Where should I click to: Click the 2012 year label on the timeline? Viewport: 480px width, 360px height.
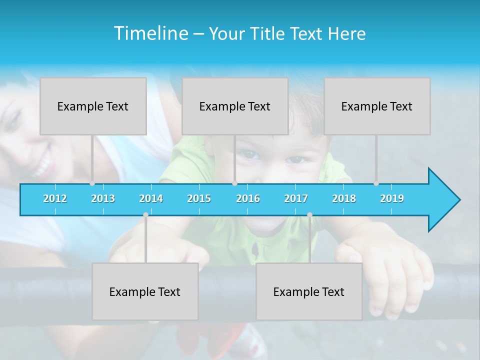55,198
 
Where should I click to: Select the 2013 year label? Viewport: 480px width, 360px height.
103,198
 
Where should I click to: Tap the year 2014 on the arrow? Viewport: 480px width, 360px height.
151,198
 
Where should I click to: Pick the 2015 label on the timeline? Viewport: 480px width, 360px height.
199,198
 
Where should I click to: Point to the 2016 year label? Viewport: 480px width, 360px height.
248,198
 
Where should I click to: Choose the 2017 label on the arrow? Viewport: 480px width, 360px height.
296,198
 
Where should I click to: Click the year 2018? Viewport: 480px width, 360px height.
344,198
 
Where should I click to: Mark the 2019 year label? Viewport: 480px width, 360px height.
392,198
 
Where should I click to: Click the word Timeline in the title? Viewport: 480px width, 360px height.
150,33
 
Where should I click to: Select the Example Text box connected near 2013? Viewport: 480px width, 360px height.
93,106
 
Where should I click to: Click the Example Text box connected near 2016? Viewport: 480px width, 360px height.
235,106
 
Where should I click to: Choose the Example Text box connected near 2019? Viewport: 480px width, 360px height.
377,106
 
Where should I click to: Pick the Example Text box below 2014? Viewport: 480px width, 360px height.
145,291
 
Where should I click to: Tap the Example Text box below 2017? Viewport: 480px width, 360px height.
309,291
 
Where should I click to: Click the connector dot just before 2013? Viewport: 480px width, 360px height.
92,183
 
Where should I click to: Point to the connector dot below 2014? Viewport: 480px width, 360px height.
145,215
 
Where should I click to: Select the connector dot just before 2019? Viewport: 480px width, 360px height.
376,183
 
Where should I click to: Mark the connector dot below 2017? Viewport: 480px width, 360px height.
309,215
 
